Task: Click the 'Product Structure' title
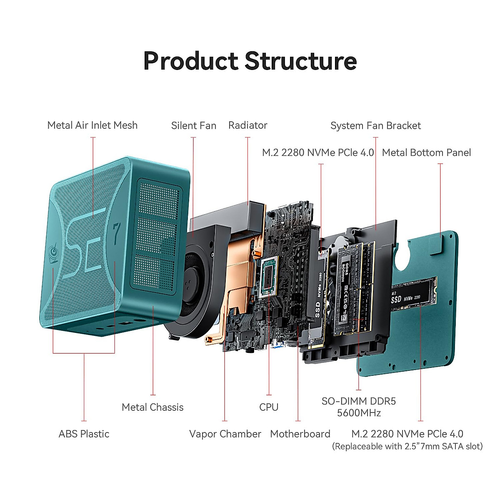[250, 61]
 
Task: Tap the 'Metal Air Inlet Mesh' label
[92, 125]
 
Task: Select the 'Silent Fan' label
[194, 125]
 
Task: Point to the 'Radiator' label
[248, 125]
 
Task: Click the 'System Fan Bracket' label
[375, 125]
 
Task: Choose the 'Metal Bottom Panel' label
[426, 152]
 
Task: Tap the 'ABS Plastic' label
[84, 434]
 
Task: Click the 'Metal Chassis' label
[152, 407]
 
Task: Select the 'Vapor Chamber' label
[225, 434]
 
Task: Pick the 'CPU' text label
[269, 407]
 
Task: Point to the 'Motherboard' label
[300, 434]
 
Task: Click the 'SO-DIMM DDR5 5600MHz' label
[359, 407]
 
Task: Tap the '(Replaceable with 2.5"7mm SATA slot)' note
[407, 446]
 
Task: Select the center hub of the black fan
[190, 282]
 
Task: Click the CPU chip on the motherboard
[269, 277]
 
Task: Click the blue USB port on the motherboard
[278, 345]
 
